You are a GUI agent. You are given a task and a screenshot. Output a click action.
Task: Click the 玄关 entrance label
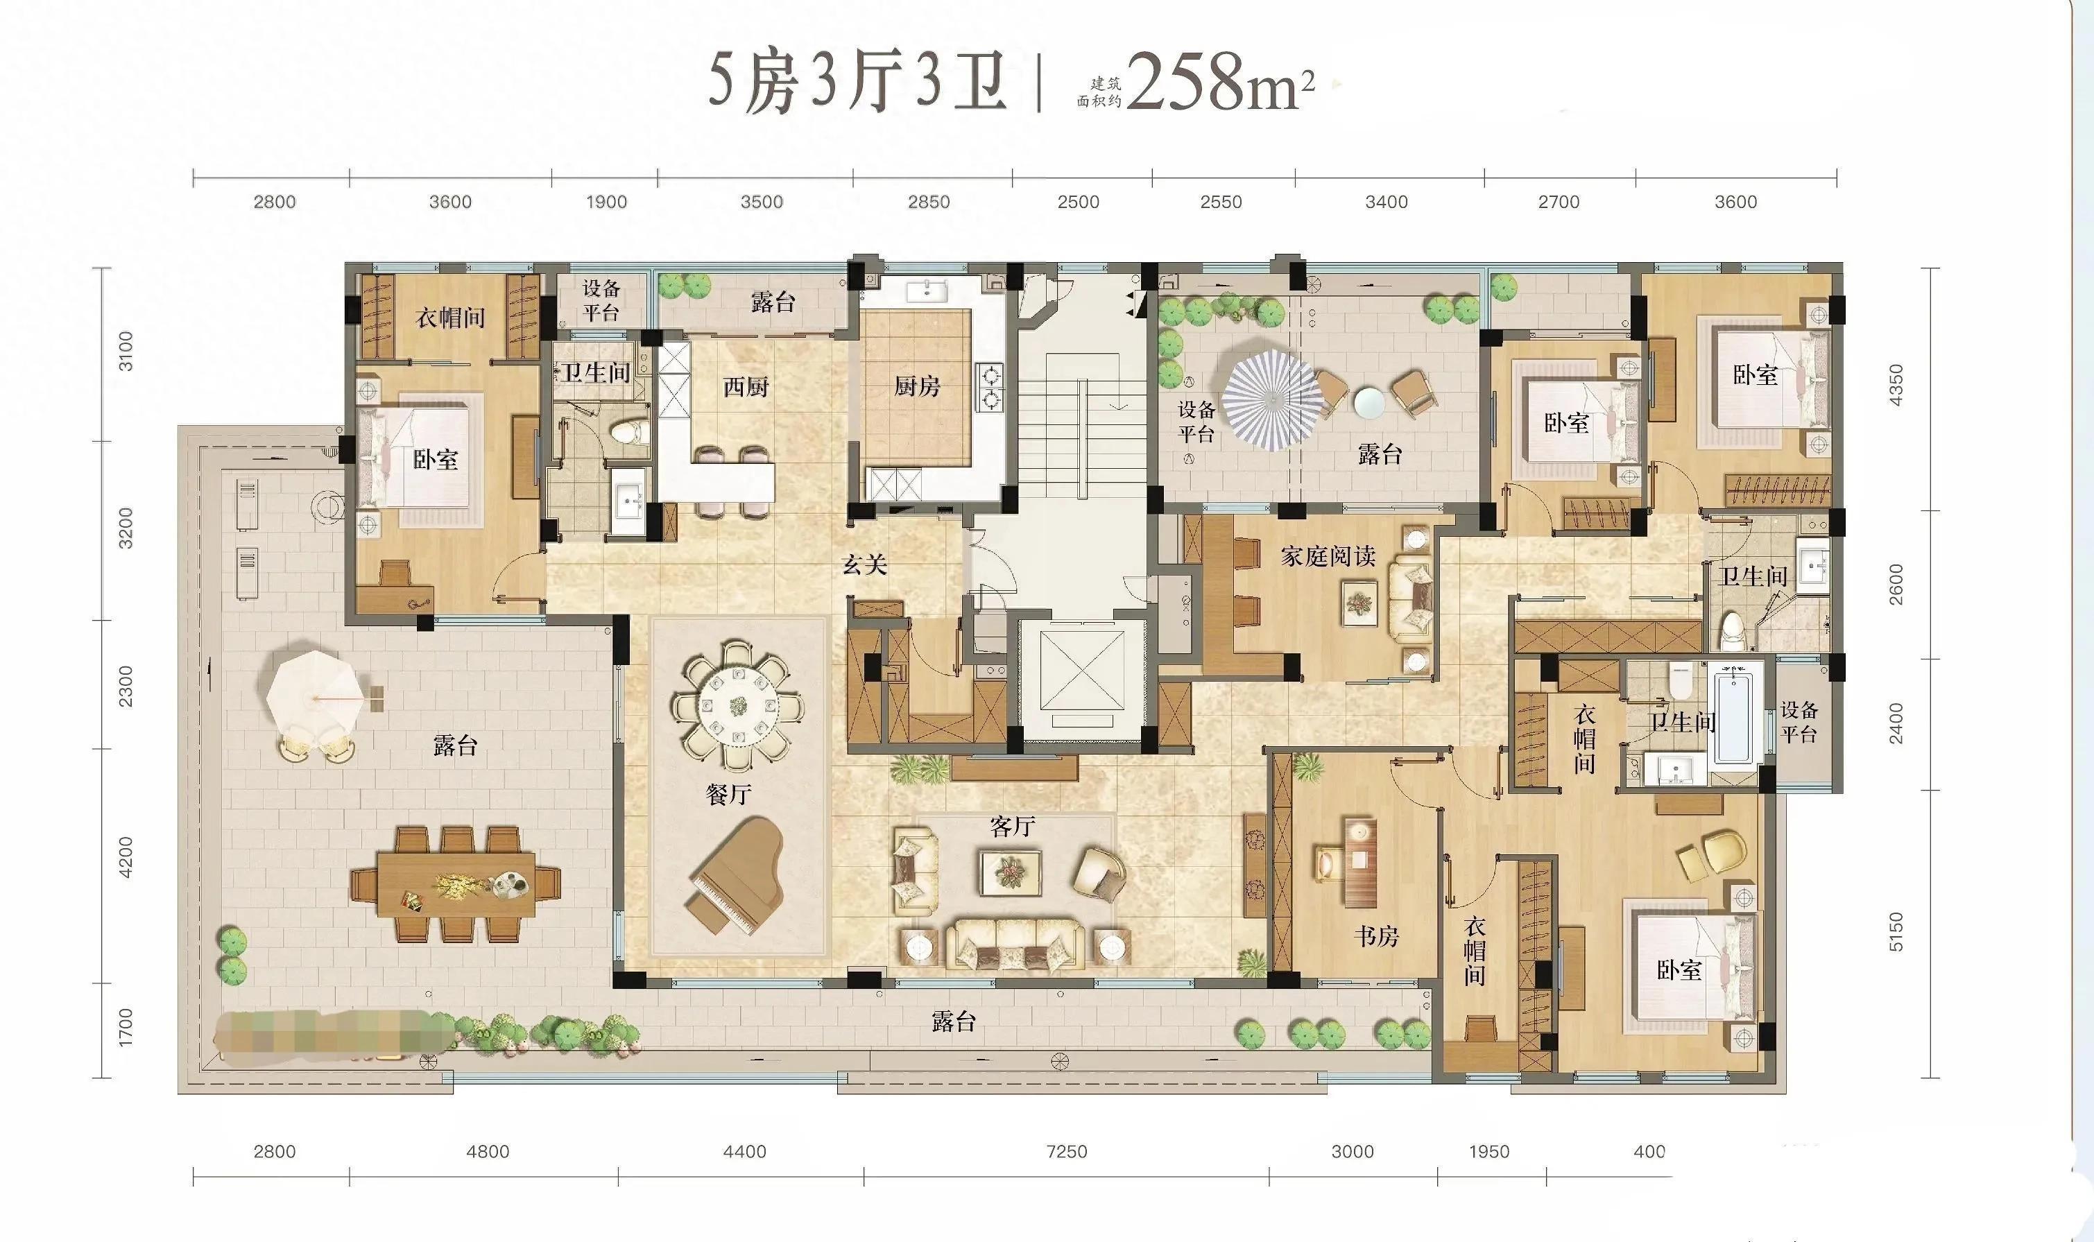864,565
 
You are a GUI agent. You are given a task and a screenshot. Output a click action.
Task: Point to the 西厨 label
746,387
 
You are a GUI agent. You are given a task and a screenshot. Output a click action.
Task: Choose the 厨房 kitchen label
917,387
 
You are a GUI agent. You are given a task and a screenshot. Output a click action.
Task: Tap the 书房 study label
1377,935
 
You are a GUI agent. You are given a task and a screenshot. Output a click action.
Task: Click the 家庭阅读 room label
1328,557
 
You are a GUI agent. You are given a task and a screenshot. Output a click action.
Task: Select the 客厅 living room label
1012,827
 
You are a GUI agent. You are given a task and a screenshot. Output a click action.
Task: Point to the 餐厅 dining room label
728,793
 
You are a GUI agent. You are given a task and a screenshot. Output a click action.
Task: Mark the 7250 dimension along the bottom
1067,1152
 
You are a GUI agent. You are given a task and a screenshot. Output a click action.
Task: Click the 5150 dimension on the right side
1896,932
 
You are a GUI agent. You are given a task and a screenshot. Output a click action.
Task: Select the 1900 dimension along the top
606,202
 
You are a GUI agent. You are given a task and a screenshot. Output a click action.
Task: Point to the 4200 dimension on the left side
126,858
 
